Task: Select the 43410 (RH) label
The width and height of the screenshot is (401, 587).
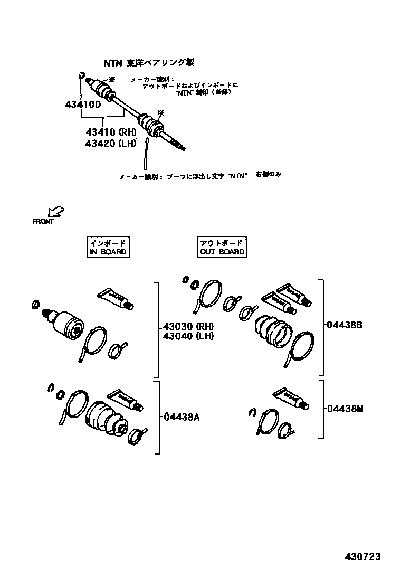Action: pos(111,132)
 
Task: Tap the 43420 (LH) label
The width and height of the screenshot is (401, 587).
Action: pos(111,143)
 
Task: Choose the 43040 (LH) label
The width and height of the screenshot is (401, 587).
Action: pos(188,336)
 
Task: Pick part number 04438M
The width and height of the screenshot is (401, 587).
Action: pos(345,408)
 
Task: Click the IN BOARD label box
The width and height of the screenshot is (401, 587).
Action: pos(108,247)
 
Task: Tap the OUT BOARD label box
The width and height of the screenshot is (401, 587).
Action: pos(222,247)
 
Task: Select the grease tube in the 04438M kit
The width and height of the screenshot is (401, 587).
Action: pos(291,399)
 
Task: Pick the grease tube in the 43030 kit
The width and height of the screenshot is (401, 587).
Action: pos(116,298)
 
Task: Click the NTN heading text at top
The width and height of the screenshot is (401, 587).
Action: pos(148,63)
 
